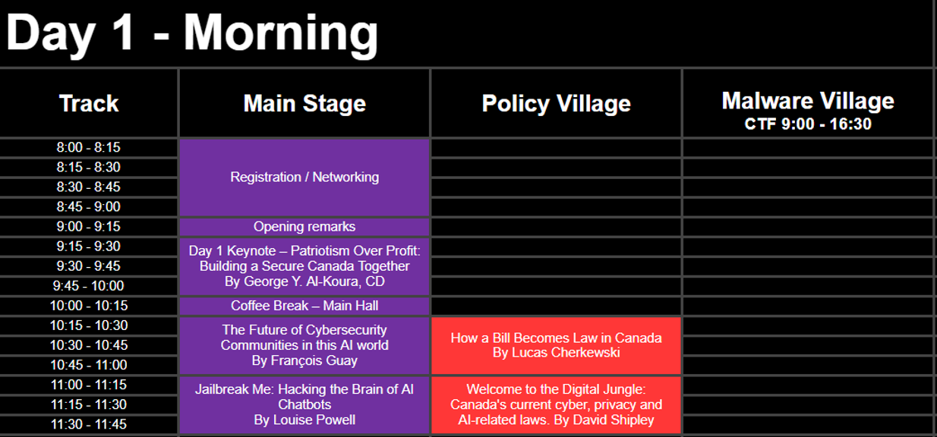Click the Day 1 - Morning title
point(192,33)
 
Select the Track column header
point(89,103)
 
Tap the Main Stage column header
point(304,103)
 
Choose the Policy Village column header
point(557,103)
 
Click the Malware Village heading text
point(808,101)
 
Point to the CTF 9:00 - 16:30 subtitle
point(808,124)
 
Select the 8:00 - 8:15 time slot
point(88,147)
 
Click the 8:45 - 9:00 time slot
point(88,207)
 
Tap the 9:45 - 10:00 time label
point(88,286)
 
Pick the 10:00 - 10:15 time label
point(88,306)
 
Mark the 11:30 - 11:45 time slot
point(88,424)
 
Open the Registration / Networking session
point(304,177)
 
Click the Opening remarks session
point(304,227)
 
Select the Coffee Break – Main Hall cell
point(304,306)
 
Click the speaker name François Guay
point(314,360)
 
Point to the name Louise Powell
point(314,420)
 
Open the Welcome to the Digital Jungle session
point(557,405)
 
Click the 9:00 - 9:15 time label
point(88,226)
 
